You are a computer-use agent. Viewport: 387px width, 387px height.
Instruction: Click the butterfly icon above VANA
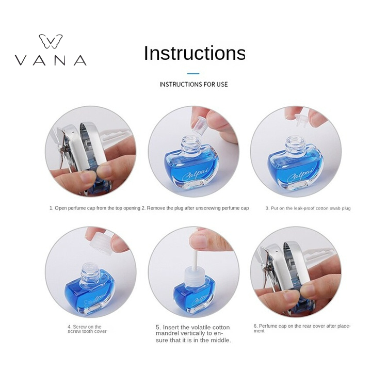coord(51,41)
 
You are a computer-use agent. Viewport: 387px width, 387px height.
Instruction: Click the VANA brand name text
coord(51,60)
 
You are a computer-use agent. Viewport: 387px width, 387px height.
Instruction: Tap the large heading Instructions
coord(195,53)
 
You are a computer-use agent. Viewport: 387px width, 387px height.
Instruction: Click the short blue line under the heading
coord(193,73)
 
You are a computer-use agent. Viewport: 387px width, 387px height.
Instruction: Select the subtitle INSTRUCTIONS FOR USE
coord(193,85)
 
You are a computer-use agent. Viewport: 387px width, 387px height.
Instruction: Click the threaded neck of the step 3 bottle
coord(295,144)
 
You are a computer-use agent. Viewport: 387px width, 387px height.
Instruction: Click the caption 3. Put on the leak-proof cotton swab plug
coord(308,208)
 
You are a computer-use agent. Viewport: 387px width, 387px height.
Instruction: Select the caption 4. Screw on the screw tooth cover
coord(87,329)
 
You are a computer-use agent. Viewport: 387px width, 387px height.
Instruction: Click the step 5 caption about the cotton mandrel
coord(193,334)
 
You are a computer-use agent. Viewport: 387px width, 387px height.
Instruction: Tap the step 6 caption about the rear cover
coord(302,328)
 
